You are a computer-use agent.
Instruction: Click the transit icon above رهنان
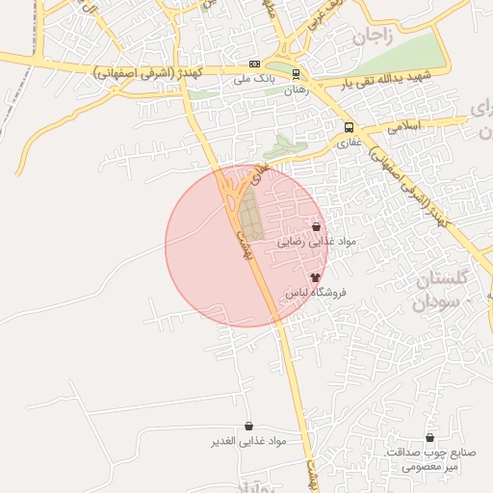[x=296, y=74]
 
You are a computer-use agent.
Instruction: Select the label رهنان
[x=295, y=89]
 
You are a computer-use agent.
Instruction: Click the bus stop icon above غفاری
[x=349, y=127]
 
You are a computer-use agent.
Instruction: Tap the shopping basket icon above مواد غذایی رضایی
[x=316, y=227]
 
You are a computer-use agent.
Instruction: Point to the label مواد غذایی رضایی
[x=316, y=242]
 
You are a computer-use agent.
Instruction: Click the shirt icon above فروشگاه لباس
[x=315, y=276]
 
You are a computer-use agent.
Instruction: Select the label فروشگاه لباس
[x=315, y=291]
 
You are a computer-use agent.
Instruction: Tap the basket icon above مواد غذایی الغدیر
[x=249, y=426]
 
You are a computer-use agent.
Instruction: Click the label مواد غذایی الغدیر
[x=249, y=441]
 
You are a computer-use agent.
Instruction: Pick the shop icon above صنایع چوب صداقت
[x=429, y=437]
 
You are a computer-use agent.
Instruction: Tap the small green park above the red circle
[x=281, y=147]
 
